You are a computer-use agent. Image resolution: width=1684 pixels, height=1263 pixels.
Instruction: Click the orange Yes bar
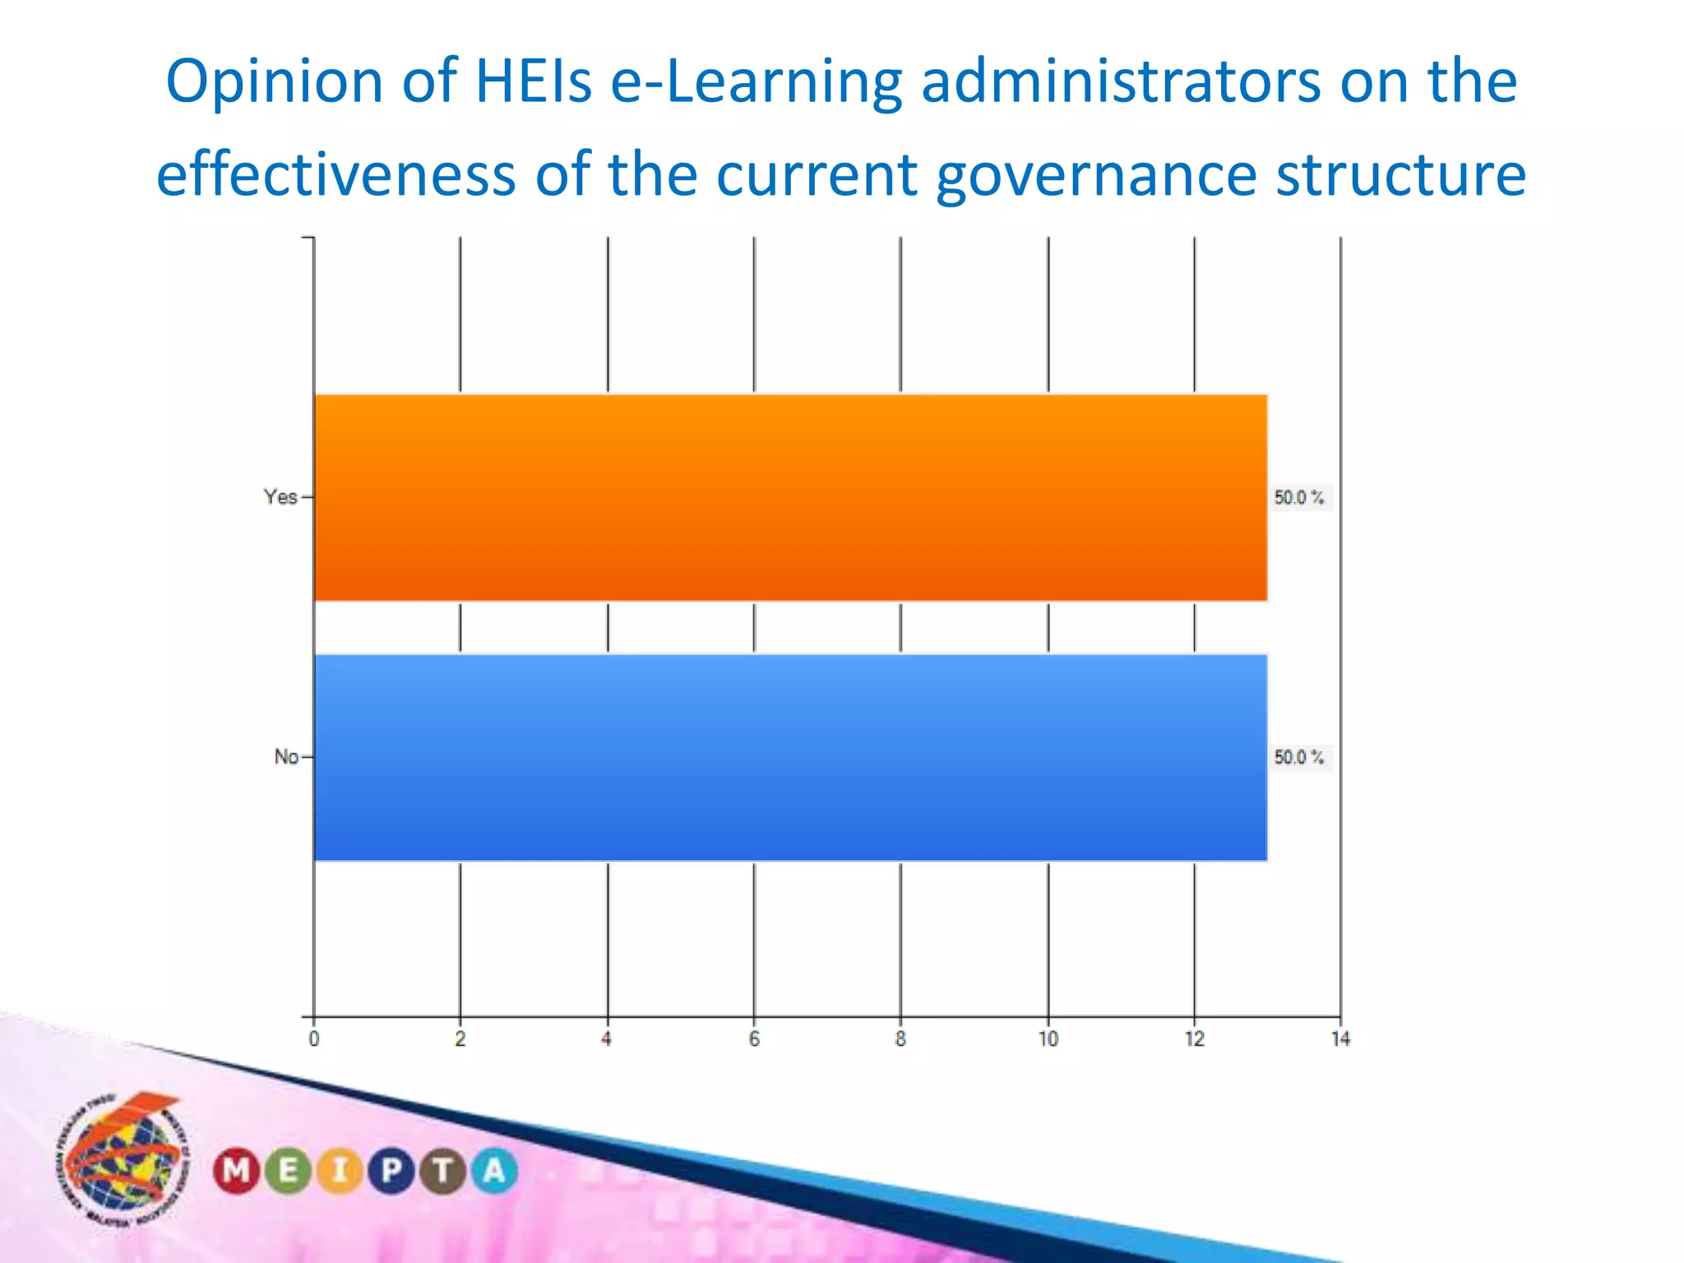tap(789, 497)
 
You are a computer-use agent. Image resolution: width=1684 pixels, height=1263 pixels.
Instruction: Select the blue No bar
tap(789, 757)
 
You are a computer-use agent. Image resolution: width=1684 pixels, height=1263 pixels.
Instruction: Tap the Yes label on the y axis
tap(280, 497)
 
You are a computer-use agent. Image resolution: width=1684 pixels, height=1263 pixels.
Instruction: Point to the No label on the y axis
tap(285, 756)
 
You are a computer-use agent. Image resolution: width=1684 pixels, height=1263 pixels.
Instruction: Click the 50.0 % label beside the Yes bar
tap(1299, 497)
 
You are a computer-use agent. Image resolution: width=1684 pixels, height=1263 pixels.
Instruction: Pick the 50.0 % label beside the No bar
tap(1299, 757)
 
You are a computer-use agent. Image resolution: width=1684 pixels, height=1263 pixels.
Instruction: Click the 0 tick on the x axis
tap(314, 1039)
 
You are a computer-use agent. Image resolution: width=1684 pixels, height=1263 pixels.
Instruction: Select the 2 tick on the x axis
tap(460, 1039)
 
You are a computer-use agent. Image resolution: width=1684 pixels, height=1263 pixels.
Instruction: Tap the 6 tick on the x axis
tap(754, 1039)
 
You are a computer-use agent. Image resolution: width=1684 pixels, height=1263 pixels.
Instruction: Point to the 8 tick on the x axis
tap(900, 1039)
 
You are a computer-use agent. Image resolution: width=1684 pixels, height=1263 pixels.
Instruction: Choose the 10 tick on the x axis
tap(1048, 1039)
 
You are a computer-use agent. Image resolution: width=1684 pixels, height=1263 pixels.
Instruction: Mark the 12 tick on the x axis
tap(1194, 1039)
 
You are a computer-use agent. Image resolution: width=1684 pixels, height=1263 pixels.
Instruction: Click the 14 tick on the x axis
tap(1340, 1039)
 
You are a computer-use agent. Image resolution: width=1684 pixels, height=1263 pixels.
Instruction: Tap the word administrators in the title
tap(1120, 81)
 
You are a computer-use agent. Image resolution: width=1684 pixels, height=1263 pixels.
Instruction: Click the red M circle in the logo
tap(237, 1170)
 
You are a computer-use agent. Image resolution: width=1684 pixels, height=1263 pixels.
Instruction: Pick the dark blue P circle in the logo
tap(391, 1170)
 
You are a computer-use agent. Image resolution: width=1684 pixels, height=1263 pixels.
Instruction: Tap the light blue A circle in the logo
tap(494, 1170)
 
